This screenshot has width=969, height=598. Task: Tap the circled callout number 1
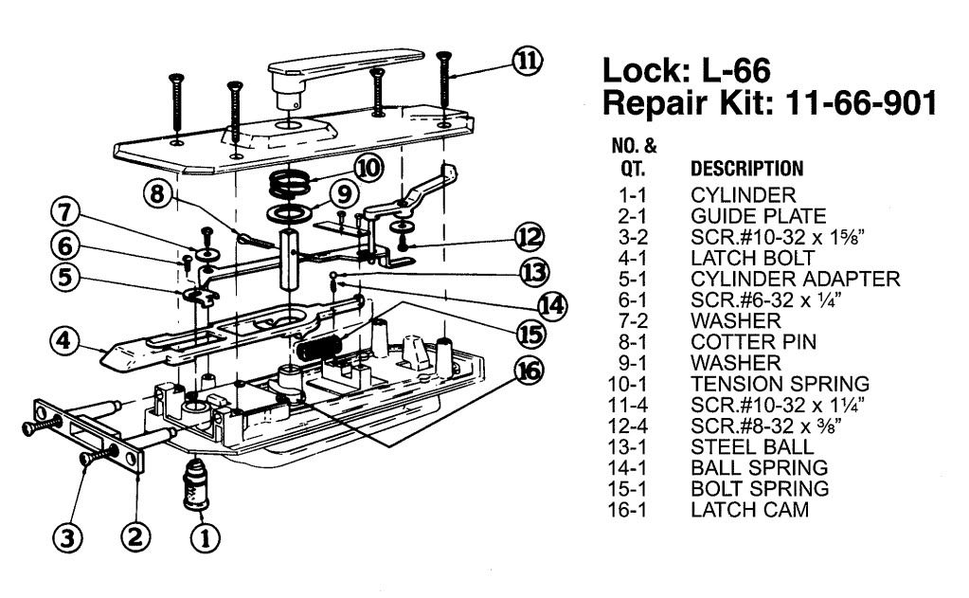coord(202,537)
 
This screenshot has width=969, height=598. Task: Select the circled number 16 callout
coord(529,370)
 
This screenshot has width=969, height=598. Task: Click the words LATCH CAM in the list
coord(749,511)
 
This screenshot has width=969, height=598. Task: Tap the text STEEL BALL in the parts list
coord(751,447)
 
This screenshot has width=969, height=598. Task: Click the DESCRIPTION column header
coord(747,170)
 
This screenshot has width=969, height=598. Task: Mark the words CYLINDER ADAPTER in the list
coord(795,279)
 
